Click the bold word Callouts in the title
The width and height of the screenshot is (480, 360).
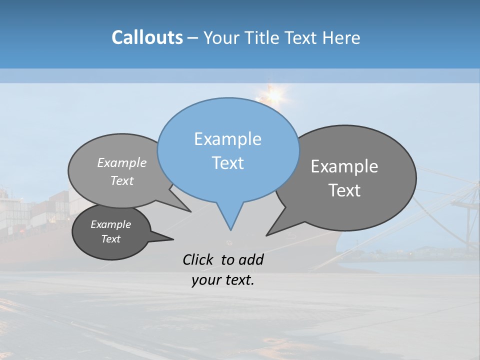147,37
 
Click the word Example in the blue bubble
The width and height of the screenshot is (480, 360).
227,139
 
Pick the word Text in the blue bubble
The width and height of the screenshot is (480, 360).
227,163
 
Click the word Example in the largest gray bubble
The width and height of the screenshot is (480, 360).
344,166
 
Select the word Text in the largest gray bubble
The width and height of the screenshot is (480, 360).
344,190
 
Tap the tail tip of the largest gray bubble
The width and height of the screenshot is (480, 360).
267,235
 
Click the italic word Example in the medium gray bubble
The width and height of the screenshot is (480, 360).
122,162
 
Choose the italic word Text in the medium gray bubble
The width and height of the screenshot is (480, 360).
122,180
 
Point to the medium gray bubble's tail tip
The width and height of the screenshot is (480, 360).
190,211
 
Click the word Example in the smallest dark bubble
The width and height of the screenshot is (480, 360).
111,224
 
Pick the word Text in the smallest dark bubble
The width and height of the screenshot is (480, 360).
111,239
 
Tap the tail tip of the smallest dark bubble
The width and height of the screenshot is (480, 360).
173,239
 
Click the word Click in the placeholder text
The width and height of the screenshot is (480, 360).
199,259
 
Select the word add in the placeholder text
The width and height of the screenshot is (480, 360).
251,259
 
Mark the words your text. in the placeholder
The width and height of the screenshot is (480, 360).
223,280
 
